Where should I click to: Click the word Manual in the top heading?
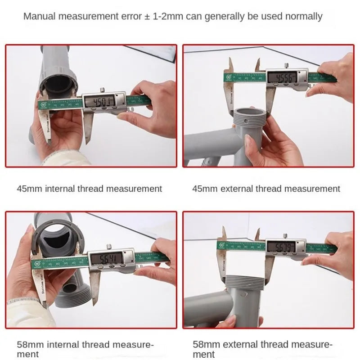[x=39, y=17]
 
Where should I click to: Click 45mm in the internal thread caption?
[x=29, y=189]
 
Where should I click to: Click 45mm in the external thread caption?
[x=205, y=189]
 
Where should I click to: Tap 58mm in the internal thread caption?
[x=29, y=345]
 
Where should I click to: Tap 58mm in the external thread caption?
[x=205, y=345]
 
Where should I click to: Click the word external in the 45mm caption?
[x=237, y=189]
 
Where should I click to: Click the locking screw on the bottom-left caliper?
[x=108, y=245]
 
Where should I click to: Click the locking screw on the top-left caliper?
[x=103, y=89]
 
